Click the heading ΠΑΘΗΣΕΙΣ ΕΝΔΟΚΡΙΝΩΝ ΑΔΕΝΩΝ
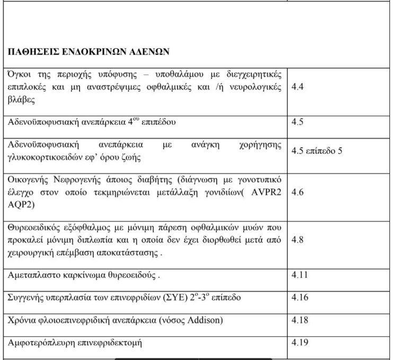(x=87, y=52)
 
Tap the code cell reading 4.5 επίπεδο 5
(x=317, y=150)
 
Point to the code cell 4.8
(x=298, y=239)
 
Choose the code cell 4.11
(x=300, y=275)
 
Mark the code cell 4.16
(x=300, y=297)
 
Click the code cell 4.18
(x=300, y=320)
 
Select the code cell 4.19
(x=300, y=342)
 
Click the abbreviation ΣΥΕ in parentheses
(x=149, y=298)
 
